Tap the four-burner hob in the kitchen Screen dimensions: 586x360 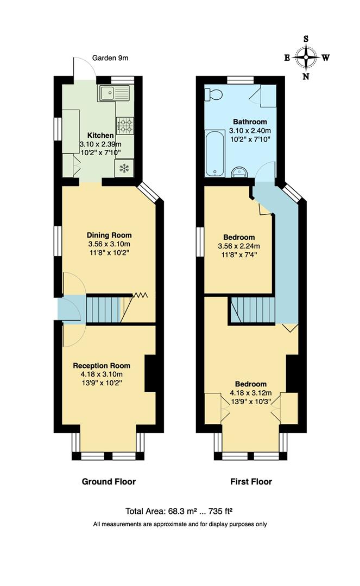pos(125,126)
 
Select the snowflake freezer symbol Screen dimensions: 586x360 pos(124,169)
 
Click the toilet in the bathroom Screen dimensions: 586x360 pos(213,95)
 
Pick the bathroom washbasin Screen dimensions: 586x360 pos(239,172)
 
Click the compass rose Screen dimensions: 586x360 pos(306,57)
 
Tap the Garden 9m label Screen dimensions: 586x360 pos(110,58)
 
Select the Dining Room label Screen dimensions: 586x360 pos(109,235)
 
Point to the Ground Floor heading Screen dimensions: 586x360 pos(109,481)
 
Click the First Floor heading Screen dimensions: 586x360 pos(251,481)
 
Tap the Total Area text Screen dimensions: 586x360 pos(182,511)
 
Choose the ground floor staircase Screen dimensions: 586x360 pos(103,309)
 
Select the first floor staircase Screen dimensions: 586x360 pos(253,310)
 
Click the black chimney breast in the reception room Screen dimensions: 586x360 pos(151,373)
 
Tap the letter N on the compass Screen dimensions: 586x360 pos(306,77)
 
